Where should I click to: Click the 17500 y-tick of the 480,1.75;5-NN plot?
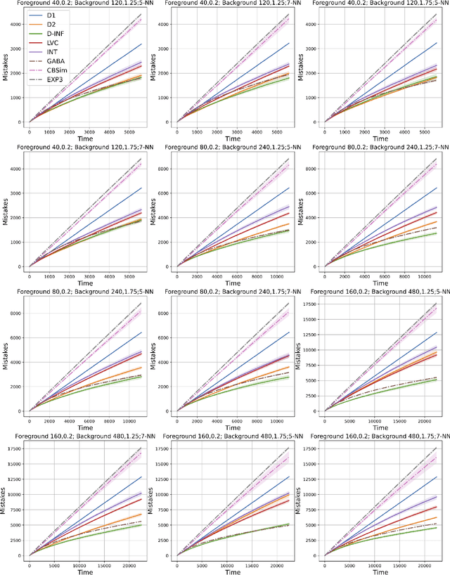(162, 448)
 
